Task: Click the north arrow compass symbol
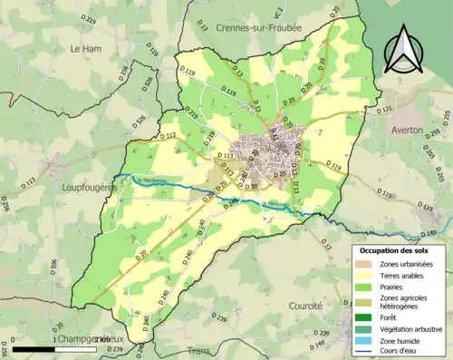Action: (x=401, y=50)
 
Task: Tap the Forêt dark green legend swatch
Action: (x=362, y=317)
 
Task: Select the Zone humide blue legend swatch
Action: (x=362, y=341)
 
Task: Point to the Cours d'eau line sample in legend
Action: (x=362, y=353)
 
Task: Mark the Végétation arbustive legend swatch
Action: (x=362, y=329)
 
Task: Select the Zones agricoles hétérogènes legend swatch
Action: (x=362, y=302)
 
